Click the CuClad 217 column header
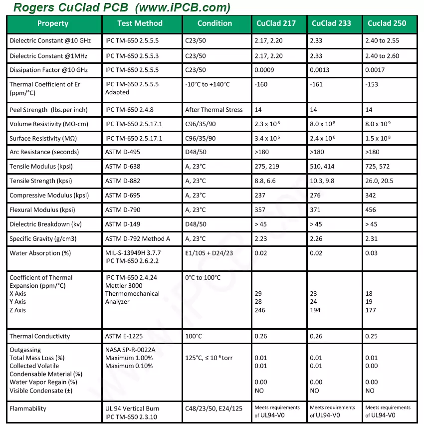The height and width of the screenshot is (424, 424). click(x=276, y=23)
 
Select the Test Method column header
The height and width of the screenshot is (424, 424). click(x=140, y=23)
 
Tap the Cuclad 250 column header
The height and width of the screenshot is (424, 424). click(x=387, y=23)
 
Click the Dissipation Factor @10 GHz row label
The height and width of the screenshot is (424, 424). click(x=48, y=70)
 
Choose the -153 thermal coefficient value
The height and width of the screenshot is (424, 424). click(x=372, y=84)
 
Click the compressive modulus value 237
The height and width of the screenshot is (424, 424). click(x=260, y=196)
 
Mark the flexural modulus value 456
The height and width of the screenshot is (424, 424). click(x=371, y=210)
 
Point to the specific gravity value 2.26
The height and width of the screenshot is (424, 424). click(x=316, y=239)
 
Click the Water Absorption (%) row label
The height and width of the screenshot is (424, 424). click(x=40, y=253)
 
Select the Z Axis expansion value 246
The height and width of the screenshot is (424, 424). click(x=260, y=310)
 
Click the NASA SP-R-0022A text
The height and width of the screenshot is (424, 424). click(x=130, y=350)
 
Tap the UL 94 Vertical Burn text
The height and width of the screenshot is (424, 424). click(x=132, y=409)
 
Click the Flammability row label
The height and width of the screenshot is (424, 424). click(x=28, y=409)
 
